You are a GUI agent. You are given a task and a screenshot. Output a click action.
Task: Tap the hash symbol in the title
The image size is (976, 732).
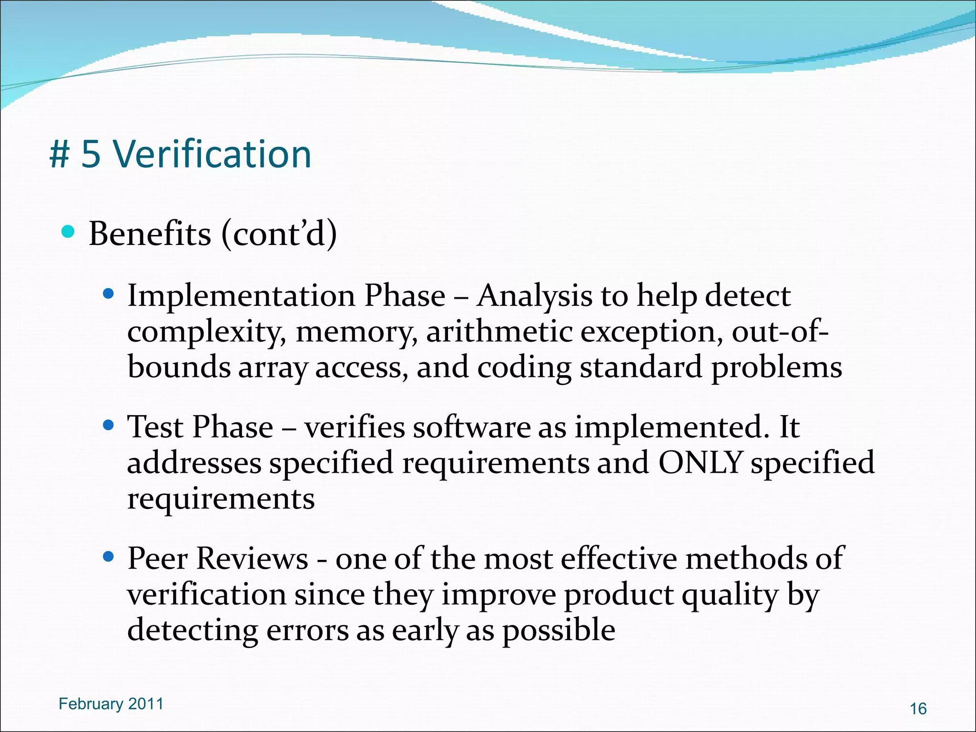tap(60, 155)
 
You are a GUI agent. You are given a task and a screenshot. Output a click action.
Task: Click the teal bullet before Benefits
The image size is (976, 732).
tap(69, 232)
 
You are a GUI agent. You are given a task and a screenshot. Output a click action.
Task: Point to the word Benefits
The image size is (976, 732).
tap(150, 234)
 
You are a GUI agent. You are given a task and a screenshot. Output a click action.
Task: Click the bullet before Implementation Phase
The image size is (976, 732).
tap(109, 294)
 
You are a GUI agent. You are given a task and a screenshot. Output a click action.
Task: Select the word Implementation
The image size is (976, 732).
tap(241, 295)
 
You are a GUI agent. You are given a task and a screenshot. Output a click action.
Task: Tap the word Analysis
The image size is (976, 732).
tap(534, 296)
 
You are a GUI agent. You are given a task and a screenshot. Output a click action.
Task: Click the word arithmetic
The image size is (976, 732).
tap(499, 332)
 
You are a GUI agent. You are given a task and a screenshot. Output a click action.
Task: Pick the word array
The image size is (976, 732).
tap(273, 368)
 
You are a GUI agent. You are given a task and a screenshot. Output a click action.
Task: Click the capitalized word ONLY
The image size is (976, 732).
tap(700, 462)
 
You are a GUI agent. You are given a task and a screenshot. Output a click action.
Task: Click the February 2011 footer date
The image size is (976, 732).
tap(111, 704)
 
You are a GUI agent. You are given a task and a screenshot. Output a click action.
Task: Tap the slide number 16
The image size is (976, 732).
tap(918, 709)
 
